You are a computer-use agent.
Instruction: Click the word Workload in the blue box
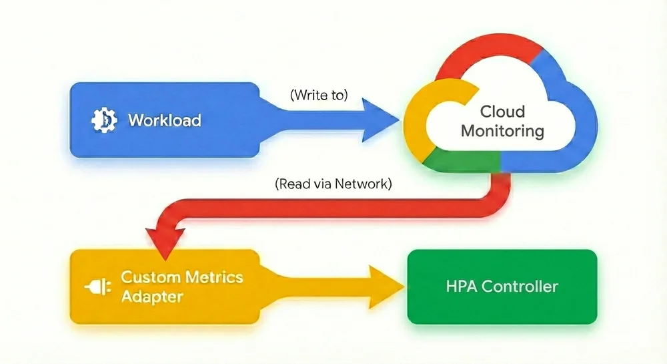pyautogui.click(x=163, y=120)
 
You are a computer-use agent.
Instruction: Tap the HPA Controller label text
pyautogui.click(x=502, y=287)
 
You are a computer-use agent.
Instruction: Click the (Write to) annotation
pyautogui.click(x=319, y=95)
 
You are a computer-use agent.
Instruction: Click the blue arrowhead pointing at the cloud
pyautogui.click(x=380, y=120)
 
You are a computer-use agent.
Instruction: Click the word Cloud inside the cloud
pyautogui.click(x=502, y=112)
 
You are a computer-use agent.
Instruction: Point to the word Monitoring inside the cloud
pyautogui.click(x=502, y=130)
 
